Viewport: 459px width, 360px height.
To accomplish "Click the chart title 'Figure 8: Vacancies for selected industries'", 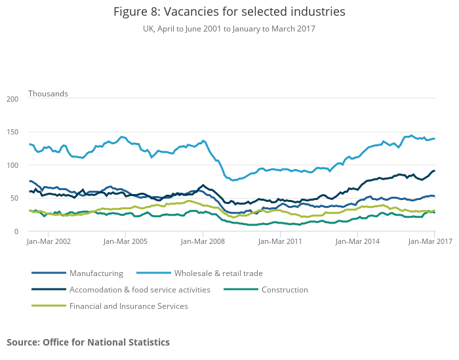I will pos(229,12).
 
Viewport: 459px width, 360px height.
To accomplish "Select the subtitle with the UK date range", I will pos(229,29).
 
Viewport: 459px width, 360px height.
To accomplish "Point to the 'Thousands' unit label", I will pos(48,94).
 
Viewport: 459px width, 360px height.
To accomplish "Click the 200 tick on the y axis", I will pos(12,99).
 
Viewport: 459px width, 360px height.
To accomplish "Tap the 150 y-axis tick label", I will pos(12,132).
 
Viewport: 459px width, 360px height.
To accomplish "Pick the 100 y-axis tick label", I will pos(12,165).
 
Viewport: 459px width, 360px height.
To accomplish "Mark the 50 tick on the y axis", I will pos(14,199).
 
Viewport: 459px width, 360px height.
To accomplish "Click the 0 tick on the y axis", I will pos(16,231).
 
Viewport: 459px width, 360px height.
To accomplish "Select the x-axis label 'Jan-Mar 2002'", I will pos(49,242).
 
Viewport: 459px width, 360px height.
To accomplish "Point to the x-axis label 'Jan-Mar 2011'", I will pos(280,242).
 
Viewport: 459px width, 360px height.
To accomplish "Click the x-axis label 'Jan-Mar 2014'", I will pos(357,242).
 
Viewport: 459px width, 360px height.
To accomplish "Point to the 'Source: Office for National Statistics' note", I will pos(88,342).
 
